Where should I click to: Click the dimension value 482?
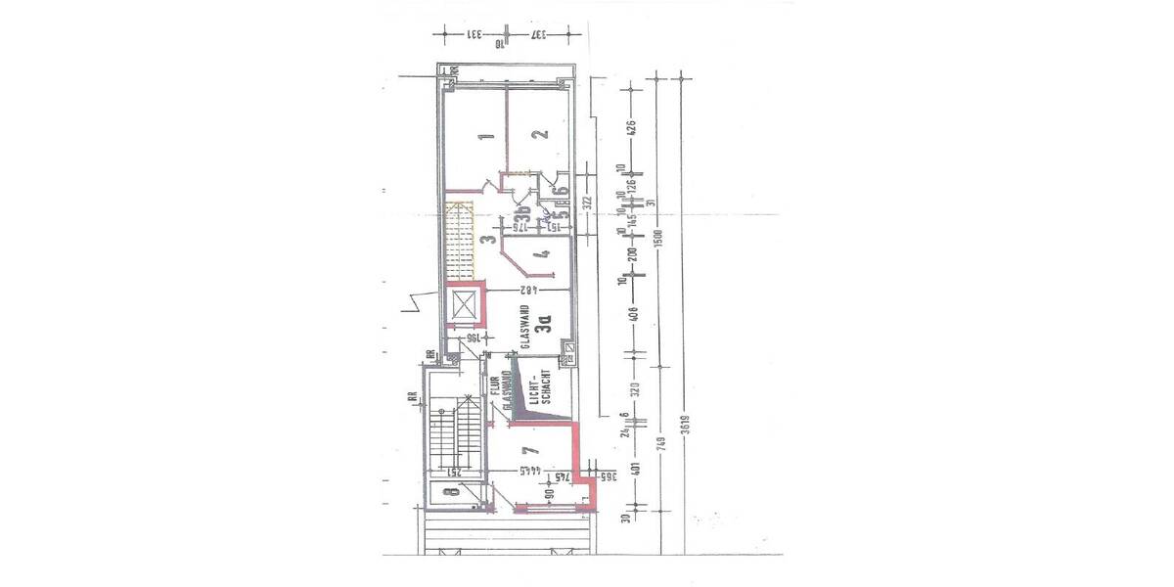point(528,291)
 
